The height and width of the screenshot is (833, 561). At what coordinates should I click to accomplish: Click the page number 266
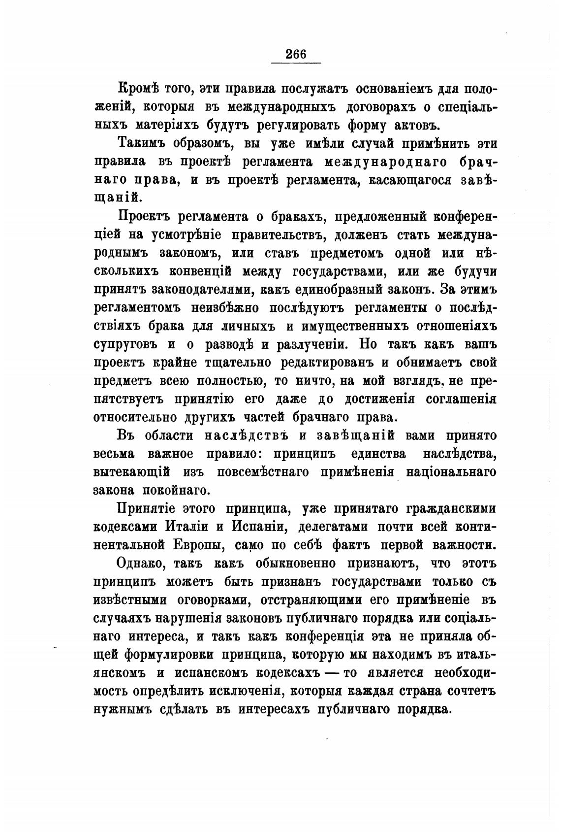click(x=296, y=54)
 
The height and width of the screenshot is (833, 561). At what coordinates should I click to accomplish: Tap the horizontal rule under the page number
click(x=296, y=63)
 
